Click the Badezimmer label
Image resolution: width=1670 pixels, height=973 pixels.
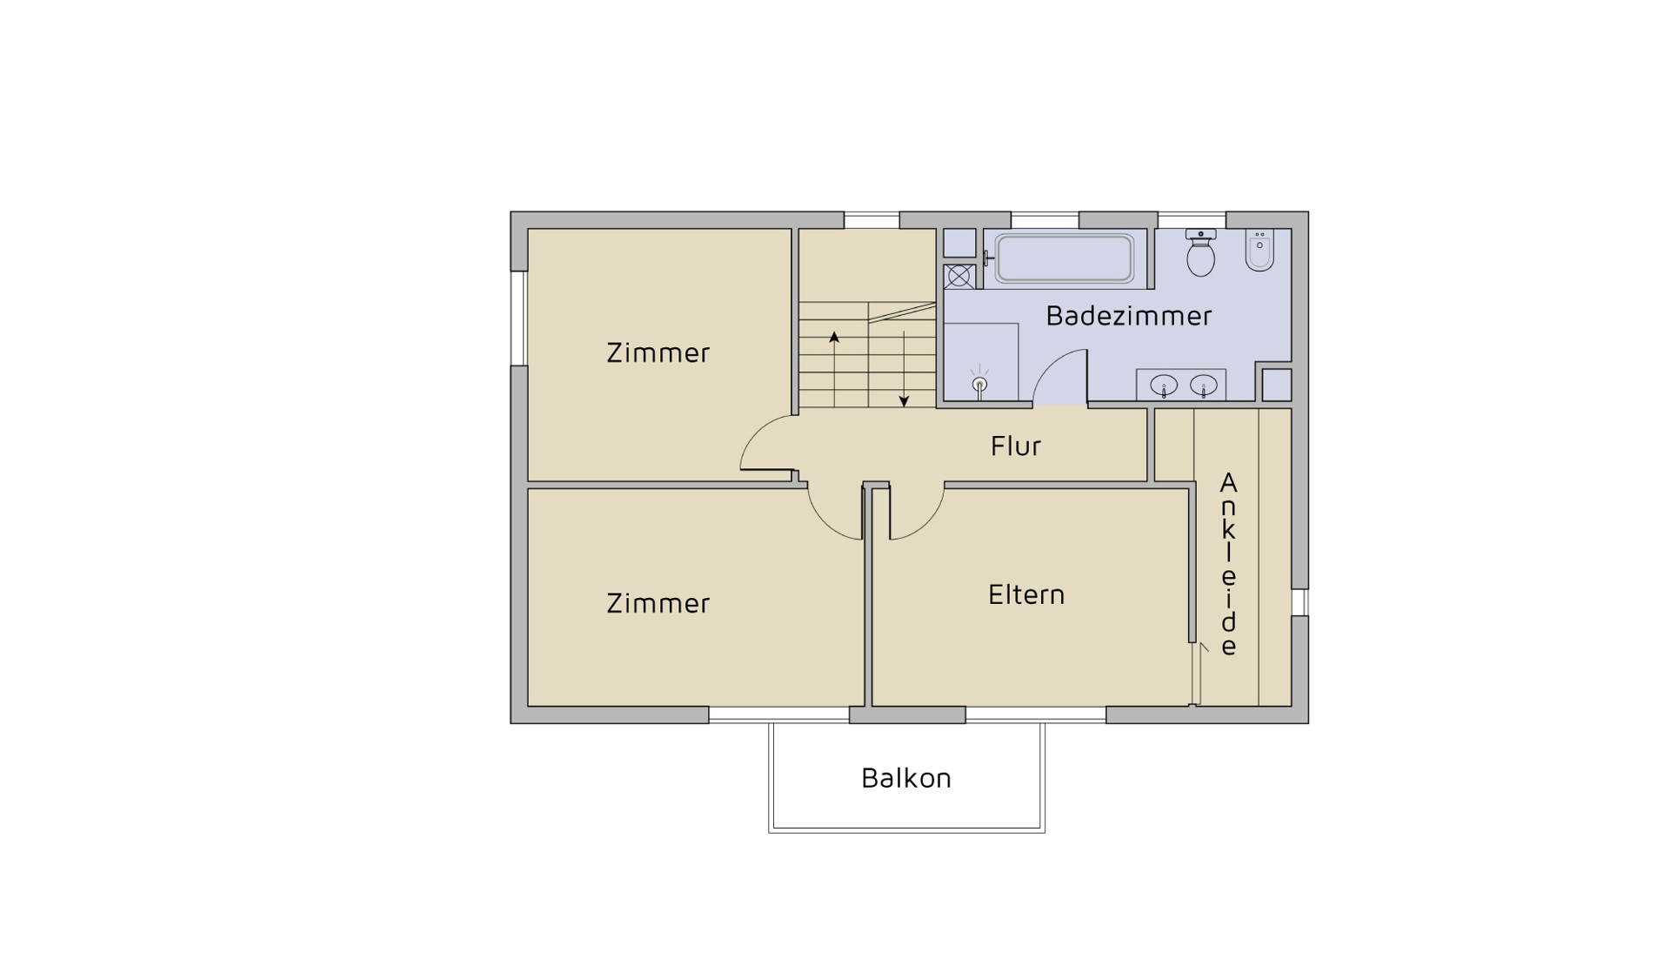pyautogui.click(x=1128, y=315)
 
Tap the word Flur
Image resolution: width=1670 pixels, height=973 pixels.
pyautogui.click(x=1015, y=446)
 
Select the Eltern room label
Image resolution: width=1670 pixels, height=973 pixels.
pyautogui.click(x=1026, y=594)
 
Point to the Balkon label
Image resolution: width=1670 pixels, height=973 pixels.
pyautogui.click(x=906, y=777)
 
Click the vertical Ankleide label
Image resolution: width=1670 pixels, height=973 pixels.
pyautogui.click(x=1228, y=564)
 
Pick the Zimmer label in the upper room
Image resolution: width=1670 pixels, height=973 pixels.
pyautogui.click(x=658, y=352)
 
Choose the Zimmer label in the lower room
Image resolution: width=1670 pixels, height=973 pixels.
pyautogui.click(x=658, y=603)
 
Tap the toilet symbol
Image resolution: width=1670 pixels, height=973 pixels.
pyautogui.click(x=1200, y=252)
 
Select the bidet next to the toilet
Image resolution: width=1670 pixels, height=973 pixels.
pyautogui.click(x=1259, y=251)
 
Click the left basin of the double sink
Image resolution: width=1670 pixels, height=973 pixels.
pyautogui.click(x=1164, y=385)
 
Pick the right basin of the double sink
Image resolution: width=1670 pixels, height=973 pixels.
pyautogui.click(x=1204, y=385)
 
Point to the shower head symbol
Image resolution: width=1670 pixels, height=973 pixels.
pyautogui.click(x=979, y=384)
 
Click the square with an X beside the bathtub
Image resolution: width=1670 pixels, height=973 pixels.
pyautogui.click(x=958, y=277)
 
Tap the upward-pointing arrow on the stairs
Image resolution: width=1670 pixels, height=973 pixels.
pyautogui.click(x=834, y=369)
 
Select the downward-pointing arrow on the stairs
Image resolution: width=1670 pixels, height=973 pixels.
pyautogui.click(x=904, y=369)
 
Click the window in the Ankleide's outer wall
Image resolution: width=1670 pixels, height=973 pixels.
pyautogui.click(x=1299, y=602)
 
